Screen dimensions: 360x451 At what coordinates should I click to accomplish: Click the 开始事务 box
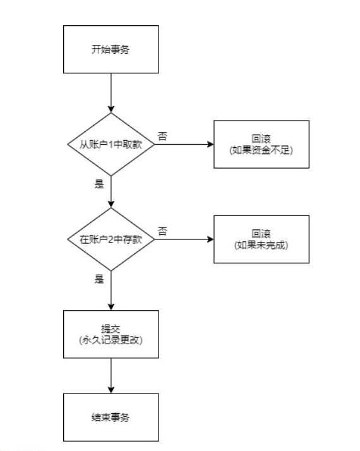coord(111,49)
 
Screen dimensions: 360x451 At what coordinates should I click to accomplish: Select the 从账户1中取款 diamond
coord(111,144)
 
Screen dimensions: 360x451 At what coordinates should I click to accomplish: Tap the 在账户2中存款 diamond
coord(111,239)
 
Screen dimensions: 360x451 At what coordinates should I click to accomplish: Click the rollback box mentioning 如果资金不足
coord(261,144)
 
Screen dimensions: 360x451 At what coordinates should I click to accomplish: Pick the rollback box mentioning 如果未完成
coord(261,239)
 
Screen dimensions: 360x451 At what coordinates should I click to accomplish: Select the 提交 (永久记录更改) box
coord(111,334)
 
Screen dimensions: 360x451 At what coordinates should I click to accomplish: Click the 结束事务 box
coord(111,418)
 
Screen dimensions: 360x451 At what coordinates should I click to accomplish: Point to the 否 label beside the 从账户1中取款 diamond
coord(162,136)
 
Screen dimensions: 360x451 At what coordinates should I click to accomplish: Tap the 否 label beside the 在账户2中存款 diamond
coord(162,231)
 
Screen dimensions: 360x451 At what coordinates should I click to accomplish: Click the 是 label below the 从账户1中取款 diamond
coord(99,184)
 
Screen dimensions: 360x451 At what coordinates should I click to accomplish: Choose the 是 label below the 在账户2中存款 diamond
coord(99,279)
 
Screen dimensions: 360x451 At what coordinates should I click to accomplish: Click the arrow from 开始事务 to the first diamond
coord(111,93)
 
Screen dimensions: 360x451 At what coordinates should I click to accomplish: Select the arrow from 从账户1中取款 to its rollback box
coord(184,144)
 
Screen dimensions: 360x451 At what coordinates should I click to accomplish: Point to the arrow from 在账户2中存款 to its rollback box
coord(184,239)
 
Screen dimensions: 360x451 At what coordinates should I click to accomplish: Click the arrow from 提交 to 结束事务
coord(111,376)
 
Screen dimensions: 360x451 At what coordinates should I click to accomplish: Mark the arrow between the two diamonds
coord(111,191)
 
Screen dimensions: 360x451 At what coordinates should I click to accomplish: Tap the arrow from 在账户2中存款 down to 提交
coord(111,291)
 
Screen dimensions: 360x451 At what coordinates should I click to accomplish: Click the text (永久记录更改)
coord(111,340)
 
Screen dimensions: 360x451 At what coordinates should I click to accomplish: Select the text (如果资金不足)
coord(261,150)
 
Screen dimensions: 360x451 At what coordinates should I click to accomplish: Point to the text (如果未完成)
coord(261,245)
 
